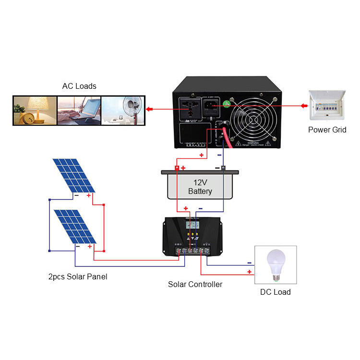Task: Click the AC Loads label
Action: pyautogui.click(x=79, y=86)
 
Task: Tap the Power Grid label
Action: pyautogui.click(x=326, y=130)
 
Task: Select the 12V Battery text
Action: pyautogui.click(x=200, y=187)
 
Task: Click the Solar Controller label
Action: pyautogui.click(x=195, y=284)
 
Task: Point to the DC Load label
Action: pyautogui.click(x=275, y=292)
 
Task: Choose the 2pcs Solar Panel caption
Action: pyautogui.click(x=77, y=277)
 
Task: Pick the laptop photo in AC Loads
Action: pyautogui.click(x=79, y=111)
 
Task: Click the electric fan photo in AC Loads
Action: pyautogui.click(x=123, y=111)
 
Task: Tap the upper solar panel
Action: pyautogui.click(x=76, y=176)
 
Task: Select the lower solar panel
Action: pyautogui.click(x=77, y=227)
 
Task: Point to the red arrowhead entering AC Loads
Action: pyautogui.click(x=149, y=110)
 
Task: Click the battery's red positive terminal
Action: pyautogui.click(x=177, y=168)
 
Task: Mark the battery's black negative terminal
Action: pyautogui.click(x=223, y=168)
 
